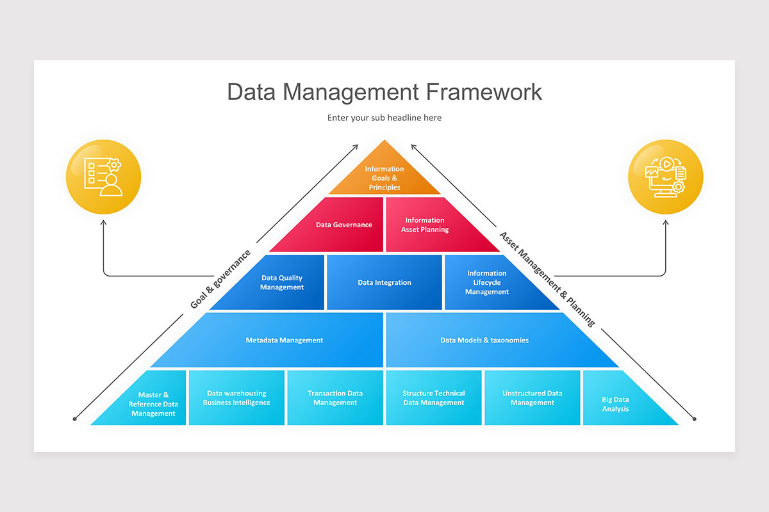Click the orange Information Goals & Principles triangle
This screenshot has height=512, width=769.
coord(384,176)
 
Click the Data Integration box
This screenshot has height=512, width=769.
coord(384,282)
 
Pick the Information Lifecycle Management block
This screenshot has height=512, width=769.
coord(490,283)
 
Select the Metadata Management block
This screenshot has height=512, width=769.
coord(285,340)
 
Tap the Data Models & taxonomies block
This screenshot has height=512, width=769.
coord(484,340)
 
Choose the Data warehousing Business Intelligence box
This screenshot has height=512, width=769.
coord(236,398)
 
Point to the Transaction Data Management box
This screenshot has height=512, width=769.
coord(335,398)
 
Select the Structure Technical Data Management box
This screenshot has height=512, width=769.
coord(434,398)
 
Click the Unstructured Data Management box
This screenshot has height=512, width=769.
coord(533,398)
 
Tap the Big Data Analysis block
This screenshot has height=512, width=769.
coord(616,404)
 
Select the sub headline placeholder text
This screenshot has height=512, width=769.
coord(384,118)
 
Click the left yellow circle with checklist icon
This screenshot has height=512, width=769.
coord(103,176)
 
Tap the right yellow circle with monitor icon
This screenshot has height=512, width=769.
coord(666,176)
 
